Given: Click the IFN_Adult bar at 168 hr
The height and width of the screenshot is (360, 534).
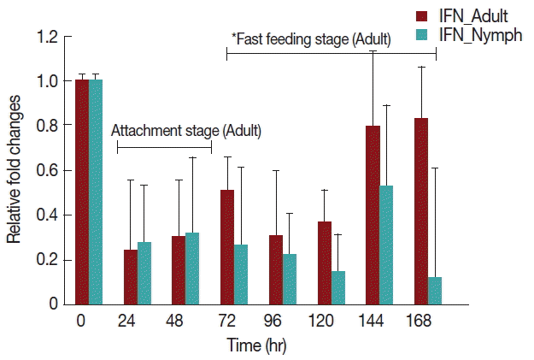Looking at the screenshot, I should pos(420,211).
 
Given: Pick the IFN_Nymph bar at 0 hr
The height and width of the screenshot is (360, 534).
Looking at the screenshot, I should pos(96,192).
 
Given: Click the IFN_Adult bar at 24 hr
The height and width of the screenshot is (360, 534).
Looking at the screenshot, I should pos(131,276).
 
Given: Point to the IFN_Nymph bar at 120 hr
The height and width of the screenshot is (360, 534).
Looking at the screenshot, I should pos(337,287).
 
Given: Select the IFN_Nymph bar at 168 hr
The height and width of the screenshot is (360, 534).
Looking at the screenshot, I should pos(435,290).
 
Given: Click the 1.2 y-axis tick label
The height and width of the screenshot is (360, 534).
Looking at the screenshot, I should pos(49,38).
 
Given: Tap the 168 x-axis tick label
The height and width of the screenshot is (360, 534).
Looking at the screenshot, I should pos(420,322).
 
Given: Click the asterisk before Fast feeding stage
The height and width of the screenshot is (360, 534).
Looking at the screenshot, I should pos(234,37).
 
